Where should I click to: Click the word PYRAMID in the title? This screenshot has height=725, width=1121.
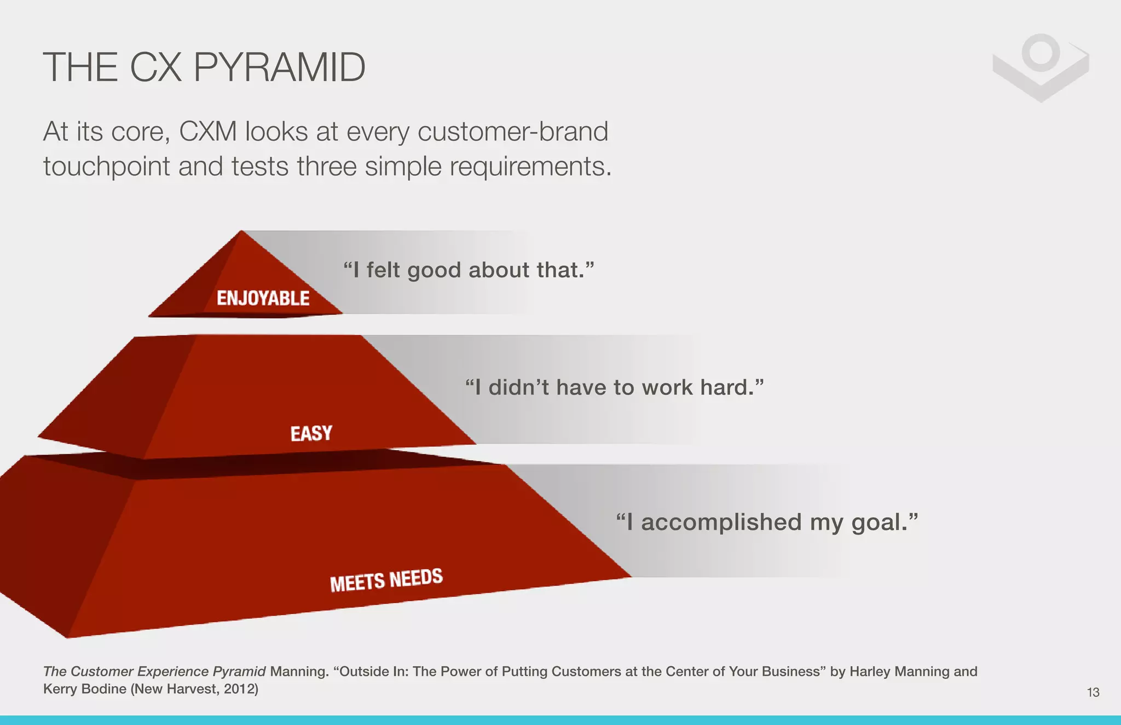[279, 67]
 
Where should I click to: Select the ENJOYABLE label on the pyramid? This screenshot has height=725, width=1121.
[263, 298]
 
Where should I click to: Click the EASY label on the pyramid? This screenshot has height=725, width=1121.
[311, 433]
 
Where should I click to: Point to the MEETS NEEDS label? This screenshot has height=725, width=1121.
[386, 580]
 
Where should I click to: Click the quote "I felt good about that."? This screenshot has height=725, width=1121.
[469, 270]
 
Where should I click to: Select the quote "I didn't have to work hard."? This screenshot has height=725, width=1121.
[614, 387]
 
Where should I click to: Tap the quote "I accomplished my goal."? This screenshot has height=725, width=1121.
[766, 522]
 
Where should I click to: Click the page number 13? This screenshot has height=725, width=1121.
[1093, 692]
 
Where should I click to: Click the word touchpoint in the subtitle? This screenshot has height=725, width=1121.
[106, 166]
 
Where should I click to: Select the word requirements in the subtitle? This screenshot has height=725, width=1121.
[530, 166]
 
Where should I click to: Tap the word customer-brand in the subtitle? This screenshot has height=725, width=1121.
[512, 132]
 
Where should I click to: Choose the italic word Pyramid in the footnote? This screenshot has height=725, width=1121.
[239, 671]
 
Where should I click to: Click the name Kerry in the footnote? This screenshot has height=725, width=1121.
[60, 689]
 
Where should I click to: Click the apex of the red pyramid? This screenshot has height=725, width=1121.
[242, 232]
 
